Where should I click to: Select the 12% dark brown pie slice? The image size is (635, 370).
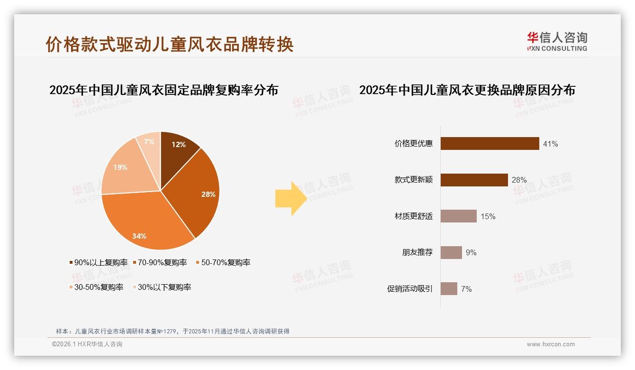point(178,147)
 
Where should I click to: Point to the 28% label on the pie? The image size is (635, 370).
point(208,194)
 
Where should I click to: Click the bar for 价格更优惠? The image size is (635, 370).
point(490,143)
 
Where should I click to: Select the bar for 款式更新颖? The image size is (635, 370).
point(474,180)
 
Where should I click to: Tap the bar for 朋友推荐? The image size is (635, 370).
point(451,252)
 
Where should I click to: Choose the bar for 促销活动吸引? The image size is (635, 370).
point(449,288)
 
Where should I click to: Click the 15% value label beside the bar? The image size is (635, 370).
point(488,216)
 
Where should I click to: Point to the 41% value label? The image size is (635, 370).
point(550,144)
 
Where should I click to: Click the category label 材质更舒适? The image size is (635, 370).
point(413,216)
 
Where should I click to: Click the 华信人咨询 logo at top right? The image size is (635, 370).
point(557,41)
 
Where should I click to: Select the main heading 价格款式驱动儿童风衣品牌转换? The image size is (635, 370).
point(170,44)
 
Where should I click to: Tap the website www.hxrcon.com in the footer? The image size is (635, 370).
point(550,344)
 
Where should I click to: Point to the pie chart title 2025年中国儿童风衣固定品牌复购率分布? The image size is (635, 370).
point(163,90)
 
